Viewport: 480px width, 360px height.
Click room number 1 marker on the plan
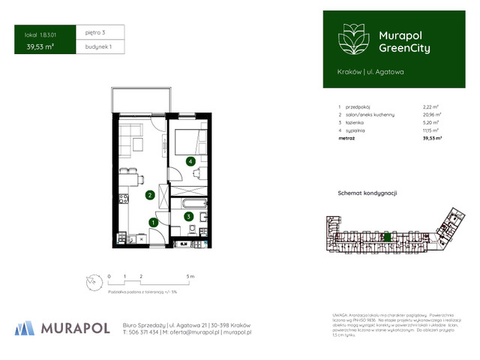click(x=153, y=222)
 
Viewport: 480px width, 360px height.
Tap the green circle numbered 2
click(x=150, y=196)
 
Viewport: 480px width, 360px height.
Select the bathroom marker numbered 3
click(x=187, y=217)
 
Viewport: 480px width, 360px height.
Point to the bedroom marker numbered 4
click(x=191, y=161)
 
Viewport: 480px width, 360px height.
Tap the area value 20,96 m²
click(x=432, y=114)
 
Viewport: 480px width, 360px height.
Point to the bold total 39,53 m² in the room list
click(x=432, y=138)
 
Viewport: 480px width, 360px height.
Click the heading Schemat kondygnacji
click(x=367, y=193)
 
